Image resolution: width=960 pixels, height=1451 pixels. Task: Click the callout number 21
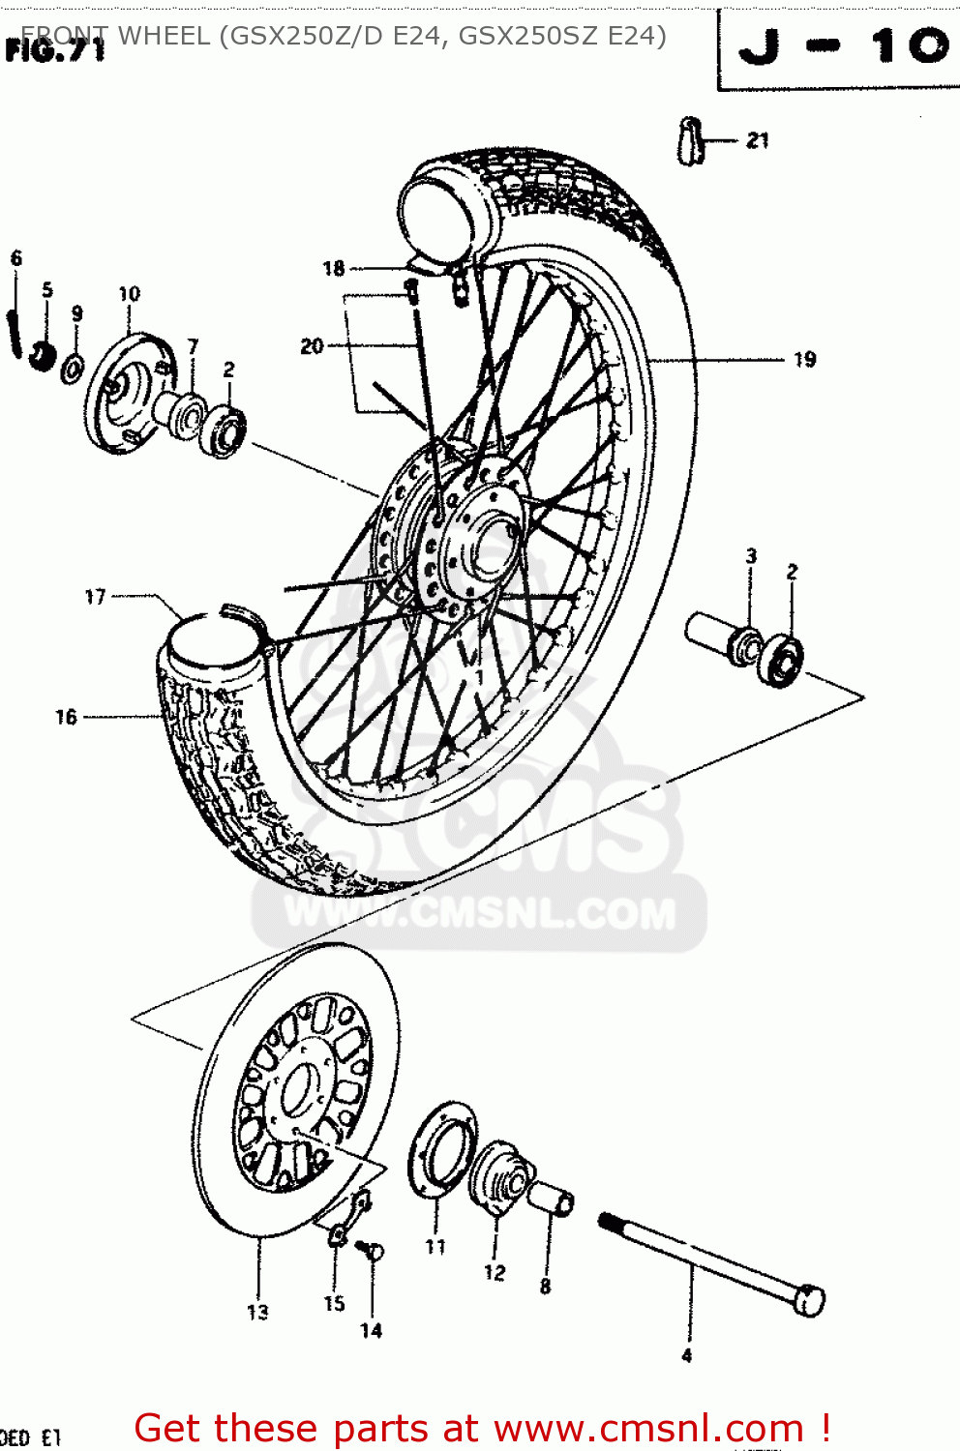point(758,141)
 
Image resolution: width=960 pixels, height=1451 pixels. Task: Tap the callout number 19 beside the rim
point(804,360)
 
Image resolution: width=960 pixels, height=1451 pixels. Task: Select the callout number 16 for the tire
point(66,717)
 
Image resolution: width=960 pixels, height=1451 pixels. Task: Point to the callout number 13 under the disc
point(257,1312)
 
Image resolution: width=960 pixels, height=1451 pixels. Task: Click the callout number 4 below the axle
point(686,1355)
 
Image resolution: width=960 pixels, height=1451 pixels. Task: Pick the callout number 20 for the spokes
point(312,345)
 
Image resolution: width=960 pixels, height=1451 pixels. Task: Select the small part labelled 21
point(690,141)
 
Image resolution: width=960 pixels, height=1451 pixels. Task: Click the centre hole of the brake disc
point(300,1088)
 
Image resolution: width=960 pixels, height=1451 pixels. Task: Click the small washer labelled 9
point(73,369)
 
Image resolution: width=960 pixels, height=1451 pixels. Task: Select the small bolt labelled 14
point(370,1250)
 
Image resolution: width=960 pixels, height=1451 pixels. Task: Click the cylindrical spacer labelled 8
point(552,1199)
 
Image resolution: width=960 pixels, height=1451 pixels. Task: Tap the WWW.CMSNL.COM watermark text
point(480,914)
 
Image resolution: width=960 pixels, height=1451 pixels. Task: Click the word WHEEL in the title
point(163,36)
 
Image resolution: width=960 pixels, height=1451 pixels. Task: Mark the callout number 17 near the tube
point(95,597)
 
